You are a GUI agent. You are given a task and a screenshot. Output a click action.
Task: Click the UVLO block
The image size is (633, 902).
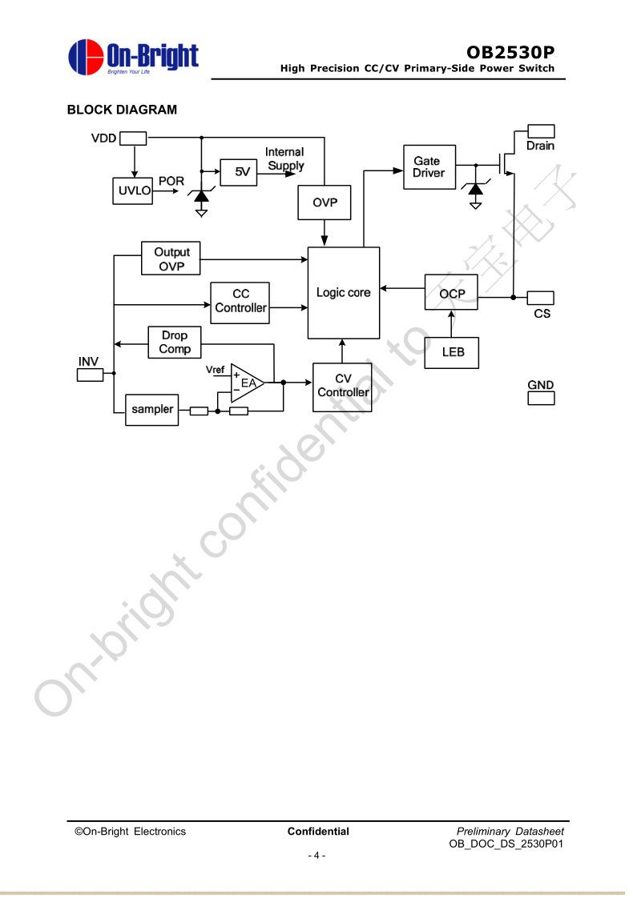132,190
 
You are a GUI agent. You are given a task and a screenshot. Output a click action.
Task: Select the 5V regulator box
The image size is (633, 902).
238,172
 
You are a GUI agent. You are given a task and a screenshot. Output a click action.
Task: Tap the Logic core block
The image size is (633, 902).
344,293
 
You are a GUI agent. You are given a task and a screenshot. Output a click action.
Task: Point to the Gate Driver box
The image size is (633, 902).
429,167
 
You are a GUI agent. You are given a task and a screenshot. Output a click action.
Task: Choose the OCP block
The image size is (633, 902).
451,294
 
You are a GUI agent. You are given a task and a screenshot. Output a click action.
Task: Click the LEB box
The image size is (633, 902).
451,352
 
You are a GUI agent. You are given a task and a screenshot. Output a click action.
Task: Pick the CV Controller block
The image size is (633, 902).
342,387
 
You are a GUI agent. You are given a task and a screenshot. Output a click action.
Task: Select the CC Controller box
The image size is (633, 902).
240,303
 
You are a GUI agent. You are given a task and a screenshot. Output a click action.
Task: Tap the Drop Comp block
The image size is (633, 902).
175,343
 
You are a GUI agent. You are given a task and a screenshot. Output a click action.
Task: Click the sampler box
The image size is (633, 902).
152,410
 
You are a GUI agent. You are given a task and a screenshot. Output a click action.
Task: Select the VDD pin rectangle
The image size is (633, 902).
133,138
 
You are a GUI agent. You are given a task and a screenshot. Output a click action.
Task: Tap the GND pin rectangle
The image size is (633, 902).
541,397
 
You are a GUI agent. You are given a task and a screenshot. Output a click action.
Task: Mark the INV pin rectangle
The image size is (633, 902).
90,375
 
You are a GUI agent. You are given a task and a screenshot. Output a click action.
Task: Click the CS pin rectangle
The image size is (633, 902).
541,298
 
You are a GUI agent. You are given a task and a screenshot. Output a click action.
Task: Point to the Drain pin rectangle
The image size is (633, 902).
541,131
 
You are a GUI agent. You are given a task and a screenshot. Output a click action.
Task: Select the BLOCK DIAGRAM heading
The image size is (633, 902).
122,110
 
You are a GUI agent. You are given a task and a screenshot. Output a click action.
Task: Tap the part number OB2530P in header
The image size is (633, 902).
510,53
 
